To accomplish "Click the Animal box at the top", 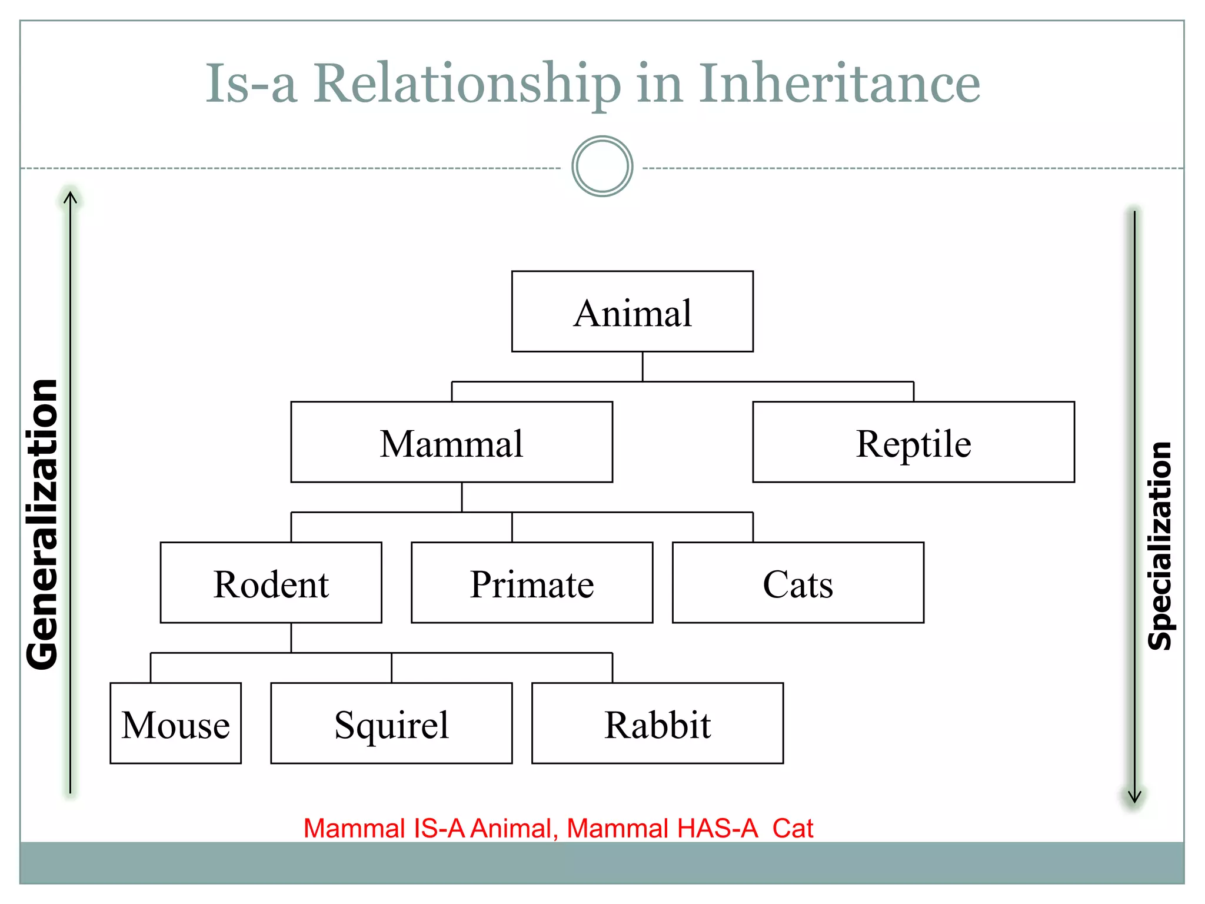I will [x=633, y=311].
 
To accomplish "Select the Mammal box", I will [x=451, y=442].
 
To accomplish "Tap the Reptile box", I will [x=913, y=442].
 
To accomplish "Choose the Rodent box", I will [x=271, y=583].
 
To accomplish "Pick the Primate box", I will [x=532, y=583].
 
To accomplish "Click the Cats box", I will [x=798, y=583].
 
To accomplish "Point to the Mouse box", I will [x=175, y=723].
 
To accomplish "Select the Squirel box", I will [x=391, y=723].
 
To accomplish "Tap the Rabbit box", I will [x=657, y=723].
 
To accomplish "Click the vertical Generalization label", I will [x=42, y=524].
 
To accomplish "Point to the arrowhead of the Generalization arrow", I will [x=70, y=197].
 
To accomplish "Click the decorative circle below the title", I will [x=602, y=167].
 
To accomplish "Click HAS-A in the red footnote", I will [x=717, y=828].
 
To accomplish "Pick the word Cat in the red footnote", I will [x=793, y=828].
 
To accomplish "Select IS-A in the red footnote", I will [x=440, y=828].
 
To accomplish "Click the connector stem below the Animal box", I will [x=643, y=366].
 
